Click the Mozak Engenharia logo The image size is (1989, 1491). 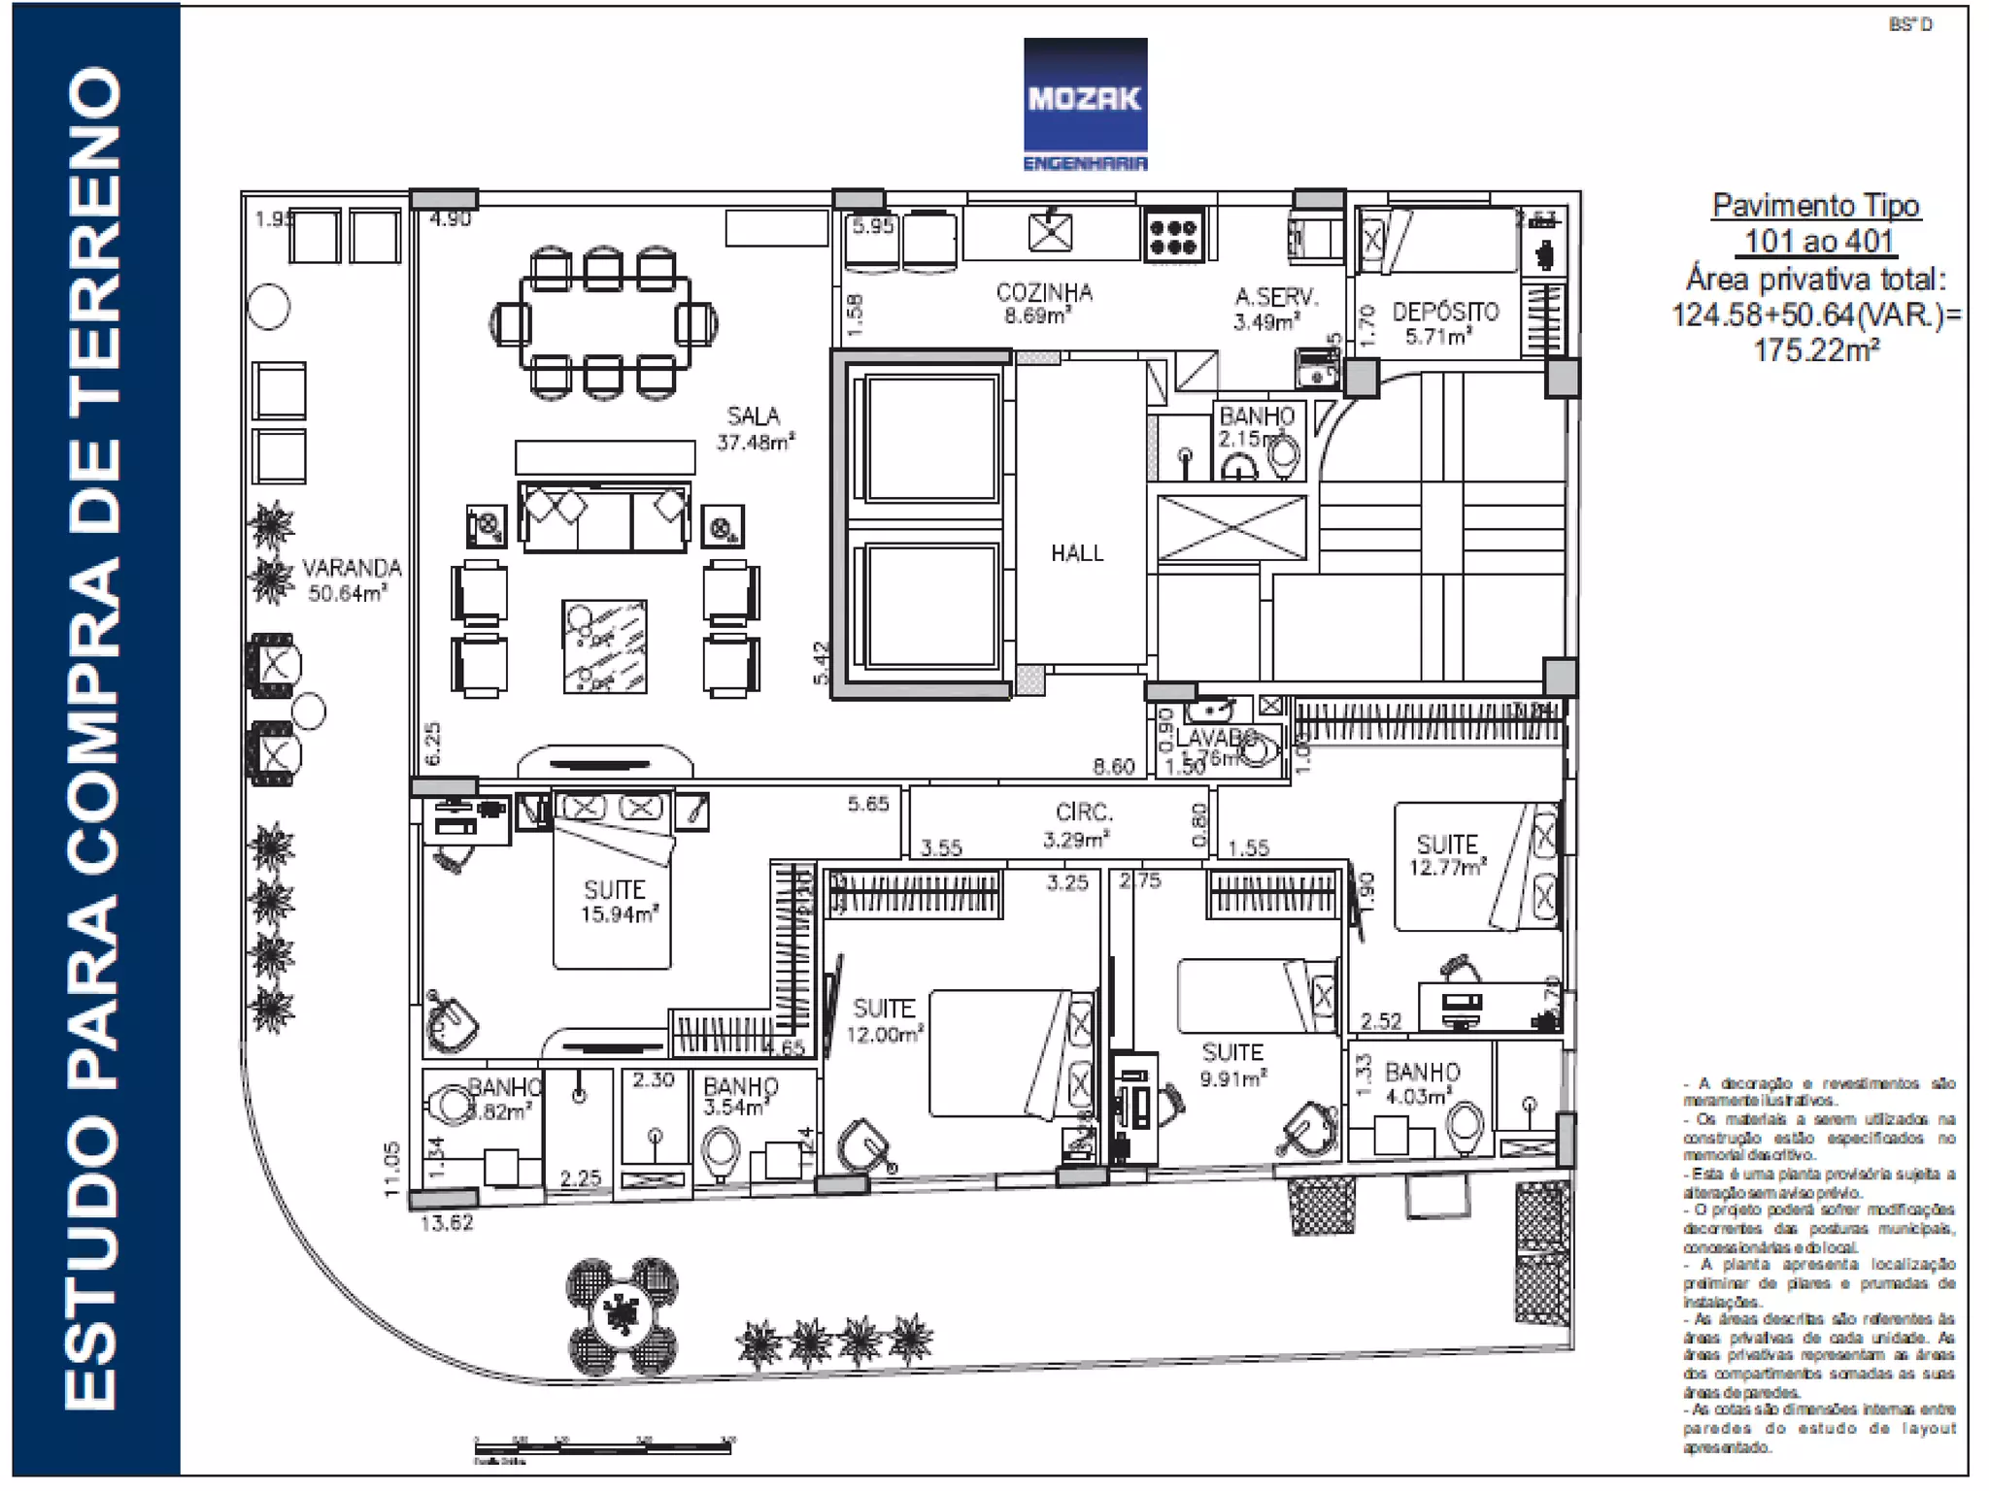[1085, 105]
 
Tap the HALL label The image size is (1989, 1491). [1077, 553]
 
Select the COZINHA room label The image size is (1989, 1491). [1044, 293]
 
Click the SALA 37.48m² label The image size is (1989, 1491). [755, 428]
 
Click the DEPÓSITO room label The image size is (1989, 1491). [1444, 313]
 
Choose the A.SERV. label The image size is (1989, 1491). [1276, 298]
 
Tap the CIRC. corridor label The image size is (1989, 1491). [1084, 813]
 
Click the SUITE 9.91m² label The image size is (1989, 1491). [1232, 1064]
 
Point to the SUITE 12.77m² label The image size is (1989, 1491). [1447, 854]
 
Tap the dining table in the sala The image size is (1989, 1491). [605, 323]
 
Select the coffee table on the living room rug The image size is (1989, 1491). [604, 646]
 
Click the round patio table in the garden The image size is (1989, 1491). [622, 1315]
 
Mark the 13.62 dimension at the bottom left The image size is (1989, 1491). [447, 1223]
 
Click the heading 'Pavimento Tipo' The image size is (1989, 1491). [1815, 206]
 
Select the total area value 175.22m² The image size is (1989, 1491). [1815, 350]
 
